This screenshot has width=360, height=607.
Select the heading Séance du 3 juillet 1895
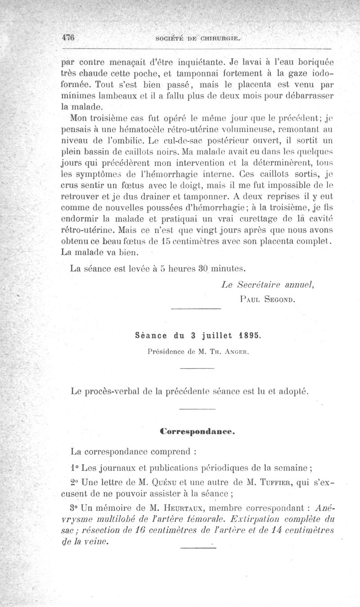click(x=198, y=336)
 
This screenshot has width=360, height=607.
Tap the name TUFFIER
click(x=285, y=484)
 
